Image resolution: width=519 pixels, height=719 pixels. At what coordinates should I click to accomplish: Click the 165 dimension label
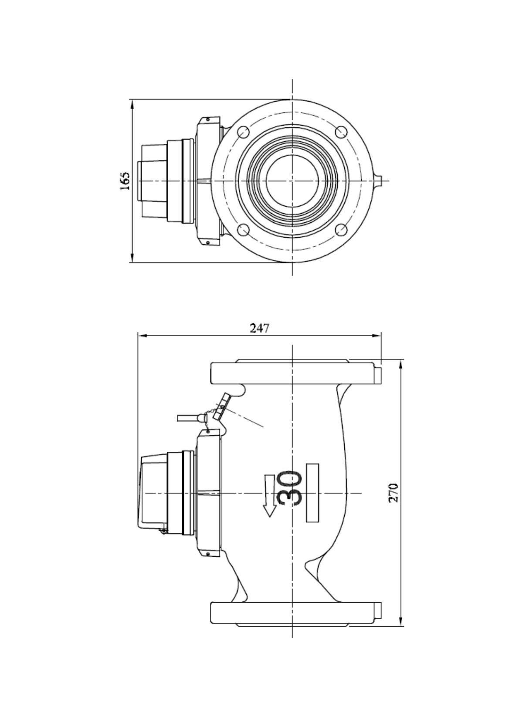125,181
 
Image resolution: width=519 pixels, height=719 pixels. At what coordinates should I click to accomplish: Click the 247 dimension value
260,328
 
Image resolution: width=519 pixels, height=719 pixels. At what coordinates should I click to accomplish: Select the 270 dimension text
393,493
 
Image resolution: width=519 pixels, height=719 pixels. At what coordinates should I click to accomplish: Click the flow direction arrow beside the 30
269,496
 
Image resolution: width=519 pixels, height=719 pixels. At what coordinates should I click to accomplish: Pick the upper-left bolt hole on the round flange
244,132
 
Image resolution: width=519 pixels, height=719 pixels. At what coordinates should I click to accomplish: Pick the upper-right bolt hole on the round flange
341,132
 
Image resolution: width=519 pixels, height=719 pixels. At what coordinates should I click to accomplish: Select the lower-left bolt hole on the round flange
244,230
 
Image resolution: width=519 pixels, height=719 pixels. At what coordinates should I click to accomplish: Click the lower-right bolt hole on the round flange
341,230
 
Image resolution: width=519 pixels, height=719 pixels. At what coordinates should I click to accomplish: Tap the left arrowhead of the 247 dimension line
143,336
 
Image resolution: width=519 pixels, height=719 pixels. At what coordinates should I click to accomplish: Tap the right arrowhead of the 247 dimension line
376,336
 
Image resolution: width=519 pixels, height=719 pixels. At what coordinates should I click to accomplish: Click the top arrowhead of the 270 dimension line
401,364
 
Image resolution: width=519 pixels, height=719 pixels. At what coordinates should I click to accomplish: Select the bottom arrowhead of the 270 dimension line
401,621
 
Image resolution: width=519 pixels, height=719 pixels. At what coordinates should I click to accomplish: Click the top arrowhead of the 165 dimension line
132,104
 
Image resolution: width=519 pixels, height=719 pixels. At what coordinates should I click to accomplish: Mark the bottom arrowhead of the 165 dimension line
132,258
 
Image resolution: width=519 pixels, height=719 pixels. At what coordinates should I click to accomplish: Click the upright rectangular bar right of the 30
312,493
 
